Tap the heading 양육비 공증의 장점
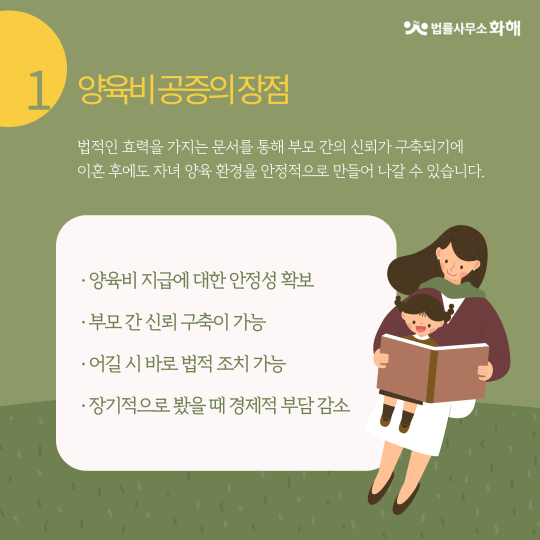(183, 90)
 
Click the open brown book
(432, 367)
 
